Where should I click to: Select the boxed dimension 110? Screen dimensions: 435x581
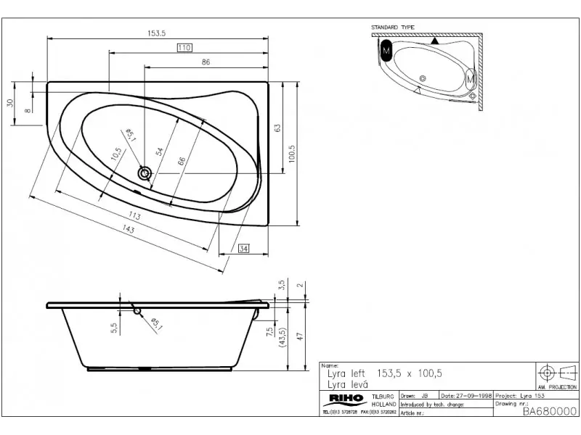(x=184, y=47)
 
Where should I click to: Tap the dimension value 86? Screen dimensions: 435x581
(x=206, y=62)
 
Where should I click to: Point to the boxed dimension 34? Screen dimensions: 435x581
(x=243, y=249)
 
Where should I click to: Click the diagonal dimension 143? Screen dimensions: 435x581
(x=129, y=229)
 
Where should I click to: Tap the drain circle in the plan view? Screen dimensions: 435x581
(x=145, y=173)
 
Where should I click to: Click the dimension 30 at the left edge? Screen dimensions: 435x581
(x=10, y=102)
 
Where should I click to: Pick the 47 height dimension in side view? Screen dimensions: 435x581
(x=298, y=334)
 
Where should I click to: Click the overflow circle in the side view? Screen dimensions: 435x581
(x=137, y=310)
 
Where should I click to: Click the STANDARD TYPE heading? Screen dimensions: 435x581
(x=393, y=28)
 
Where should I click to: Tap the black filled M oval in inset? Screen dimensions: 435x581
(x=386, y=51)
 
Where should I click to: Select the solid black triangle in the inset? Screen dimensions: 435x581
(x=434, y=41)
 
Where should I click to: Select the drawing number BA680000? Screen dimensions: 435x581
(x=549, y=410)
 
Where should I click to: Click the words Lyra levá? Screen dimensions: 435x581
(x=344, y=384)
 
